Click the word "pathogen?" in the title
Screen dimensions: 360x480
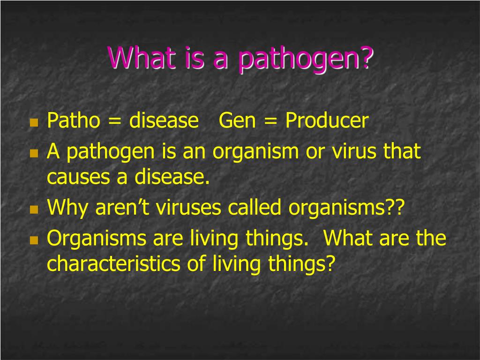pos(306,60)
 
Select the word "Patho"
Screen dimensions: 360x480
pos(74,121)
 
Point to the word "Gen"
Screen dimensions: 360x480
pos(237,121)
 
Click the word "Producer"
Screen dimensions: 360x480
pos(327,121)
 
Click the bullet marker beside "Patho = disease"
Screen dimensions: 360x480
pos(33,123)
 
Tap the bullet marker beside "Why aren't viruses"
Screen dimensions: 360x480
pos(33,210)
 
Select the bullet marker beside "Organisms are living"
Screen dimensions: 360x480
pos(33,240)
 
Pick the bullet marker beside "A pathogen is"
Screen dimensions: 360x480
pos(33,154)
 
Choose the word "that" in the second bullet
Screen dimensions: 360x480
pos(402,151)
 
